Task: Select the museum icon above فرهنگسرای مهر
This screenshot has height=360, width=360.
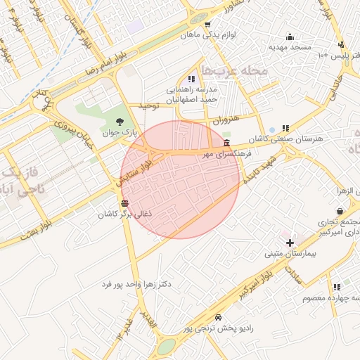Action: point(225,143)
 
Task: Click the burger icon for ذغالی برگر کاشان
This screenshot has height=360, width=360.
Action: point(124,203)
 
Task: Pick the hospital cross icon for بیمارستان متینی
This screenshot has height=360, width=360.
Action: point(290,242)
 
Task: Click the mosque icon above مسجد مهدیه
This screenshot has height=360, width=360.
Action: point(290,37)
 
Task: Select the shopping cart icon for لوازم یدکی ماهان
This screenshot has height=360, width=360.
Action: point(207,25)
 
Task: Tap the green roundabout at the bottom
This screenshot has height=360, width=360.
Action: point(166,346)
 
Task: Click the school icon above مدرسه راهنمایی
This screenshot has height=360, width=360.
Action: point(191,79)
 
